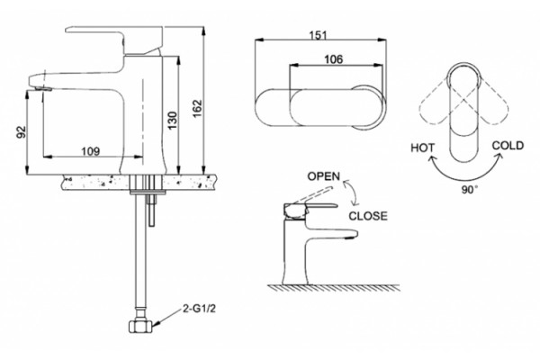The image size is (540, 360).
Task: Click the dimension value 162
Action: coord(197,109)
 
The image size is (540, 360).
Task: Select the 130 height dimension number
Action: coord(173,121)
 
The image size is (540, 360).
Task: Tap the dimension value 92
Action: coord(22,131)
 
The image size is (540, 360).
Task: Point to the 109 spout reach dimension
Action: coord(91,151)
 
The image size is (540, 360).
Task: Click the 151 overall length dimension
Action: coord(318,35)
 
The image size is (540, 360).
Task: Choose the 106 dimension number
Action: coord(334,59)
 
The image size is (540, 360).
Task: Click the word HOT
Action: coord(423,148)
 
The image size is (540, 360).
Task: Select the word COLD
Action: coord(508,146)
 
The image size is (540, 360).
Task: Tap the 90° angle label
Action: coord(470,190)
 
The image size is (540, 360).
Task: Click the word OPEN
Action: coord(323,176)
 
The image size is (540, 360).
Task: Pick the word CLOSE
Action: coord(368,216)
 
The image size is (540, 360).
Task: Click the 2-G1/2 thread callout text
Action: coord(199,309)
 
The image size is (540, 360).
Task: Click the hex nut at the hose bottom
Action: coord(140,326)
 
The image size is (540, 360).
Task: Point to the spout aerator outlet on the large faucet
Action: coord(43,89)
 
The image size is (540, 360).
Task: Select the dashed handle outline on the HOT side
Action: coord(435,103)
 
